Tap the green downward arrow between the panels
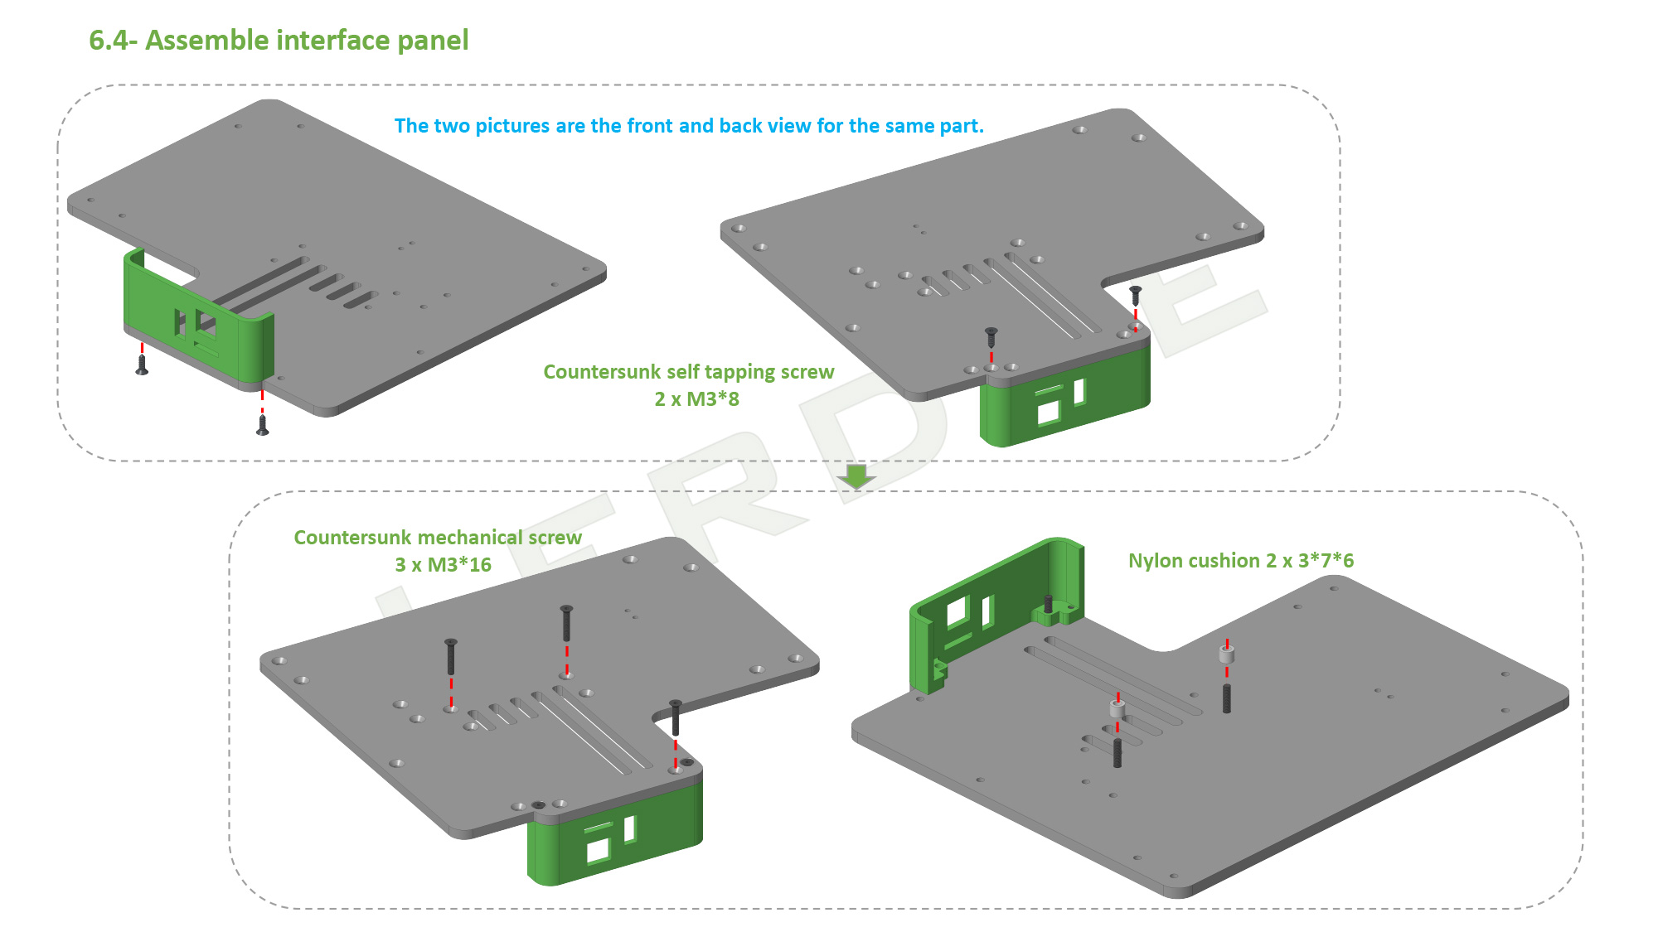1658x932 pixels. pos(856,476)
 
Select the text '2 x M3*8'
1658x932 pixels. pos(696,399)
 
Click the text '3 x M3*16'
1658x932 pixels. pos(443,565)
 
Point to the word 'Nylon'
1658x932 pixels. pos(1152,561)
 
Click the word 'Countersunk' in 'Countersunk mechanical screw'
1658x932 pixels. pos(342,538)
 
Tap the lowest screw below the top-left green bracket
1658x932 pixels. pos(263,425)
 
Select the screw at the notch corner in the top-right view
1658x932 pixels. pos(1136,295)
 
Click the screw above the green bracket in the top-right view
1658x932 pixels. pos(991,336)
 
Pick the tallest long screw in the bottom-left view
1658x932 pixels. pos(566,623)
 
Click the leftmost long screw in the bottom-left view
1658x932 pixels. pos(451,656)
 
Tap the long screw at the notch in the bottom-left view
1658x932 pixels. pos(676,717)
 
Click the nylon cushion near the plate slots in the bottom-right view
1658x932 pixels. pos(1117,710)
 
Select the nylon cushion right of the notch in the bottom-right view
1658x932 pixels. pos(1227,655)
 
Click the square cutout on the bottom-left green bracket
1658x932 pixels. pos(598,850)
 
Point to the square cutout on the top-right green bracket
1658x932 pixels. pos(1049,411)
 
